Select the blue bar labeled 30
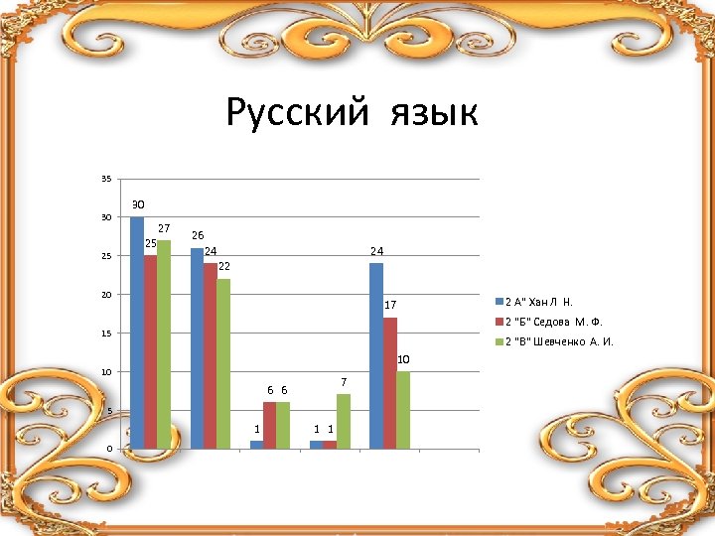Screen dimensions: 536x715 [137, 333]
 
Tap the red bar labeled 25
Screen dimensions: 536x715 [150, 352]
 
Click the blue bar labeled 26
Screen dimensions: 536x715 [197, 348]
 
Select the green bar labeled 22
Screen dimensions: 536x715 [223, 363]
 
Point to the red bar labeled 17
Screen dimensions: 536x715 [389, 383]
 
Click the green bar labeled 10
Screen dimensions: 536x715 [403, 410]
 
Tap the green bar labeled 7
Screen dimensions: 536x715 [344, 421]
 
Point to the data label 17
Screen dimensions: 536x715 [391, 305]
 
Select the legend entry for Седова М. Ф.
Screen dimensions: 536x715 [554, 322]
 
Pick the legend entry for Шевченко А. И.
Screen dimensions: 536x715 [558, 342]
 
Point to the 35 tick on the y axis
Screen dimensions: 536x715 [106, 179]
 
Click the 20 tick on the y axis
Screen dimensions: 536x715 [106, 295]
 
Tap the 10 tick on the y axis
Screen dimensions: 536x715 [106, 372]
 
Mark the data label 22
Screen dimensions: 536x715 [224, 266]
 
